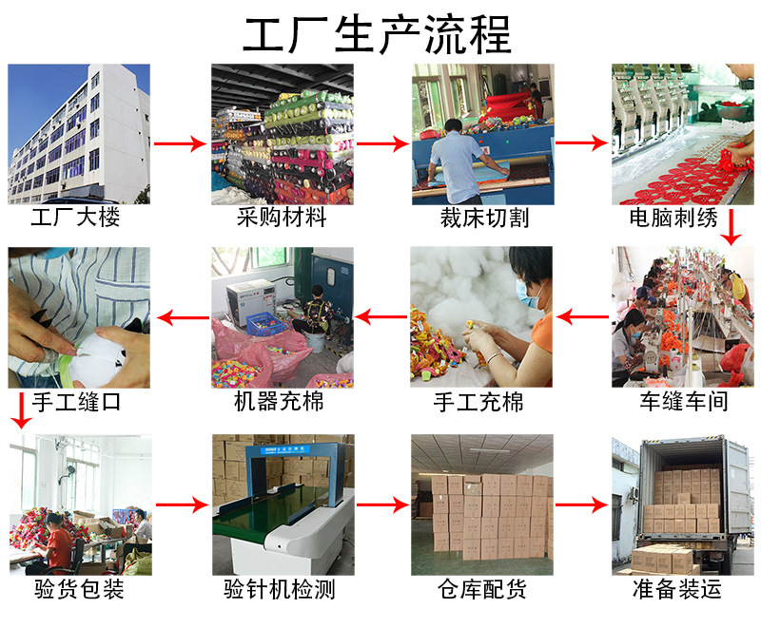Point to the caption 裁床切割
[484, 218]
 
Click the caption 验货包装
[78, 590]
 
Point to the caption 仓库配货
[481, 590]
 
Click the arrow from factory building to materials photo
[180, 144]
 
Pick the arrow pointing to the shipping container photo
[582, 504]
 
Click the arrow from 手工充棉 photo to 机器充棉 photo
[380, 318]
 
